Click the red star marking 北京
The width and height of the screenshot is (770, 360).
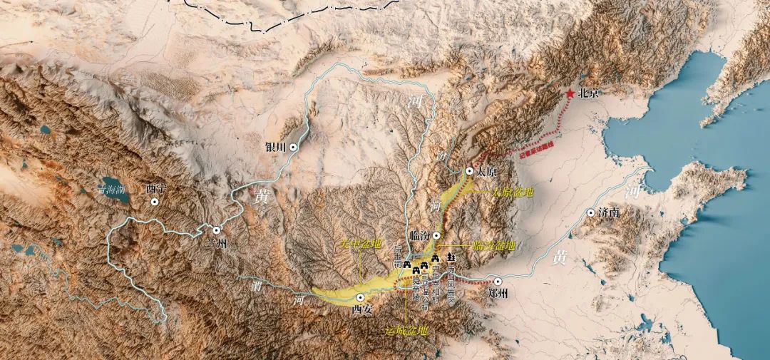click(x=570, y=93)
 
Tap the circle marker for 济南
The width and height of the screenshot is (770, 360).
click(x=590, y=212)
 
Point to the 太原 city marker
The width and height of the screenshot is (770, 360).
click(x=469, y=171)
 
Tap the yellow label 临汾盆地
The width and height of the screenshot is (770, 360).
click(x=493, y=245)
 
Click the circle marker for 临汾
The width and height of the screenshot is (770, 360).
click(x=436, y=235)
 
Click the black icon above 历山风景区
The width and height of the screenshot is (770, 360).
click(x=451, y=257)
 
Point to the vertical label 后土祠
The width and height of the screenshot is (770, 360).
click(x=398, y=255)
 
